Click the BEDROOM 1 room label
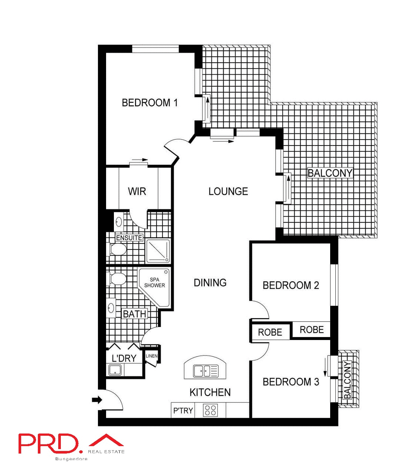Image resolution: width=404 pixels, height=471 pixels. (150, 103)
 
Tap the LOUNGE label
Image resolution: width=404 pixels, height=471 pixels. (228, 192)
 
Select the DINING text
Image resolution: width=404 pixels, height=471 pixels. (210, 283)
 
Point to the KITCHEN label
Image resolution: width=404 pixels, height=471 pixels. (210, 392)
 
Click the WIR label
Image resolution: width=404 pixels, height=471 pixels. (137, 192)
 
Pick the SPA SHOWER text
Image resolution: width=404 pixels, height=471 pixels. (155, 283)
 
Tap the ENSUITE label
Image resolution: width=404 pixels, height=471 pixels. (129, 238)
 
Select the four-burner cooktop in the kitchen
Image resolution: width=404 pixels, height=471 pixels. (210, 411)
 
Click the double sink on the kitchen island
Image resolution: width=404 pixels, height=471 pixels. (206, 370)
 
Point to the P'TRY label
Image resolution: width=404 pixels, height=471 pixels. (183, 411)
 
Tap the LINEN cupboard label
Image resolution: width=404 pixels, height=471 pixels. (152, 356)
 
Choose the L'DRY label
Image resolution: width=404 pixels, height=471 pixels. (124, 358)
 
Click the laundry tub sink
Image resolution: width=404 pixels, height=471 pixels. (115, 370)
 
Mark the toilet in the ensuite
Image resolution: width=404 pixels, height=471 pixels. (118, 249)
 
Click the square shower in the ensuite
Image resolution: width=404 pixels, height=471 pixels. (158, 251)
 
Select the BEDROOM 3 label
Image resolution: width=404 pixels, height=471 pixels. (290, 382)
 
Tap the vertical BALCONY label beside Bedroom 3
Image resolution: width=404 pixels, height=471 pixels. (347, 380)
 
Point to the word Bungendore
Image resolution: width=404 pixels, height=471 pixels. (71, 459)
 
